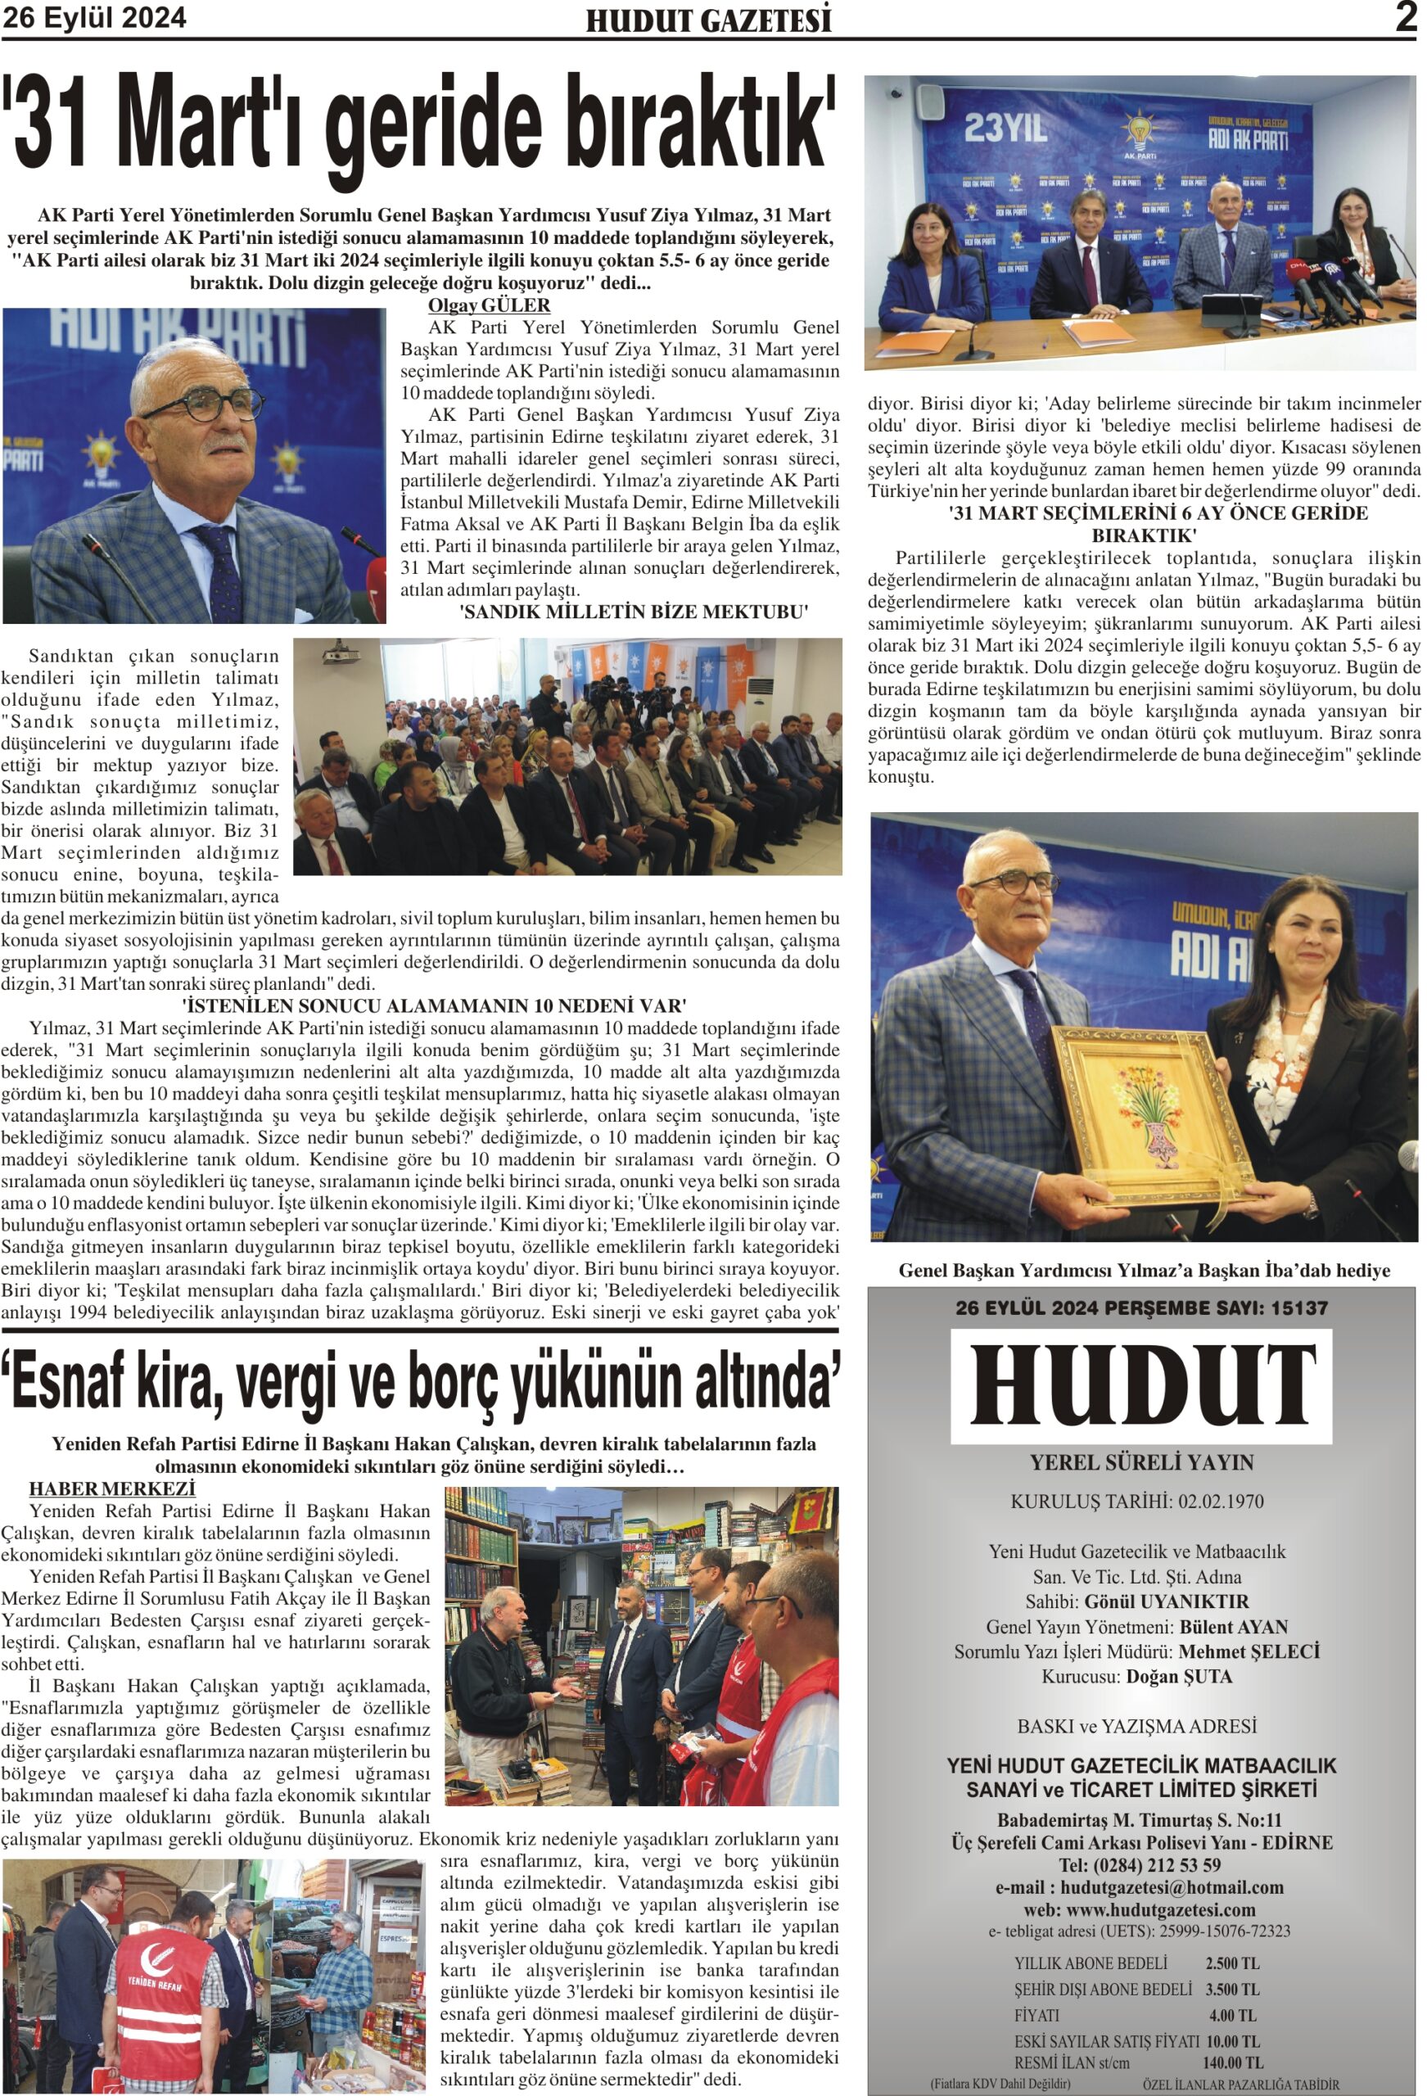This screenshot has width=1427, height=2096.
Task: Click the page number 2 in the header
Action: (1406, 17)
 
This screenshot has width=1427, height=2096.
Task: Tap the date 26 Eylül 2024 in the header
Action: (94, 18)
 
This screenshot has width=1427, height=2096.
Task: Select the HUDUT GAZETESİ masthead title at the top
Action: (708, 20)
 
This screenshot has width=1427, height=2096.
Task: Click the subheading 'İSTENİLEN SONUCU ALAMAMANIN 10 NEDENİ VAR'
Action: (434, 1005)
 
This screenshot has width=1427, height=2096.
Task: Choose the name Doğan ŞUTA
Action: (1178, 1677)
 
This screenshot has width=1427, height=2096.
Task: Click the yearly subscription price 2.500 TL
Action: (1232, 1963)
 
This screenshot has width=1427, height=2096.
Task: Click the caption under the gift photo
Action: (1144, 1271)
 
